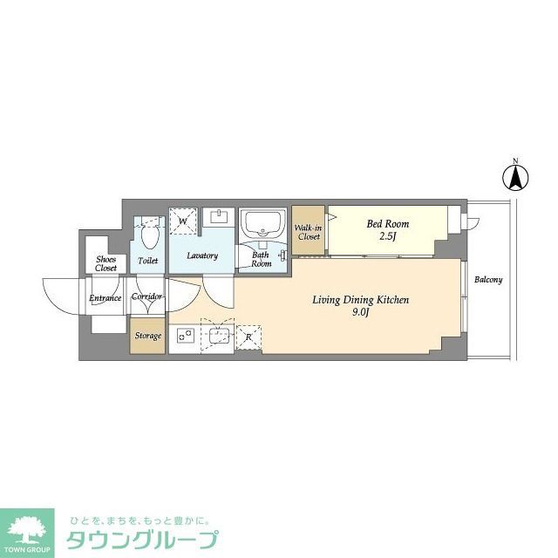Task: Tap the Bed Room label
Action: pos(387,224)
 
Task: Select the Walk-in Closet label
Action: pos(309,232)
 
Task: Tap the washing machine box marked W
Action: pos(183,221)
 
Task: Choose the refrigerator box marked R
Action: pos(248,336)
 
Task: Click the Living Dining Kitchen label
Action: pos(361,300)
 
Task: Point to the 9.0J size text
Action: pos(361,313)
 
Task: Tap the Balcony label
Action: pos(488,280)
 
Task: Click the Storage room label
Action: pos(147,336)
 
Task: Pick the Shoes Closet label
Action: pos(106,263)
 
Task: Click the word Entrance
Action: pos(105,299)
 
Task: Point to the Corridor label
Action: pos(146,296)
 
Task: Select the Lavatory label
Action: pos(202,255)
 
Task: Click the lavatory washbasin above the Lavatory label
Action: pos(218,217)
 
